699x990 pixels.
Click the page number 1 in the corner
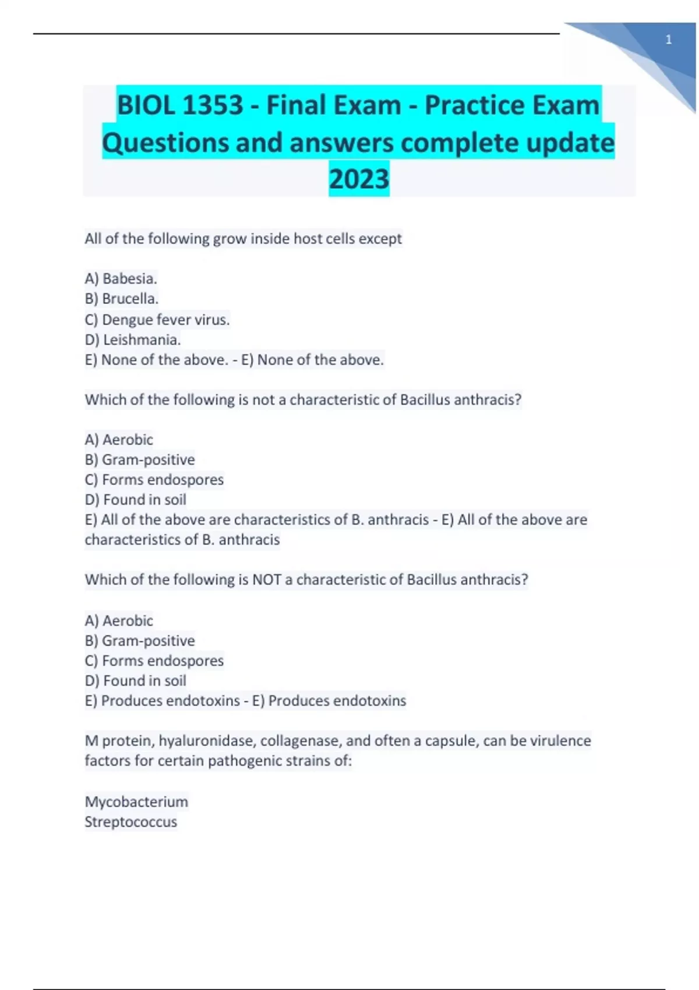click(669, 40)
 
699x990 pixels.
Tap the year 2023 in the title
click(359, 179)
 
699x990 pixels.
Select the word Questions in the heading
click(165, 143)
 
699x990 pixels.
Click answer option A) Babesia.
click(121, 278)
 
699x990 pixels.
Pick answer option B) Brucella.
click(121, 299)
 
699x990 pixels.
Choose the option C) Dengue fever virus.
click(157, 320)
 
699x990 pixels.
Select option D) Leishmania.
click(132, 340)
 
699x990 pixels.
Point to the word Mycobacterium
click(136, 802)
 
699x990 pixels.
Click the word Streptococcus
click(130, 822)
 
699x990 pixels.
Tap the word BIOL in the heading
click(146, 105)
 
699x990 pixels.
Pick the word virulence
click(560, 741)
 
